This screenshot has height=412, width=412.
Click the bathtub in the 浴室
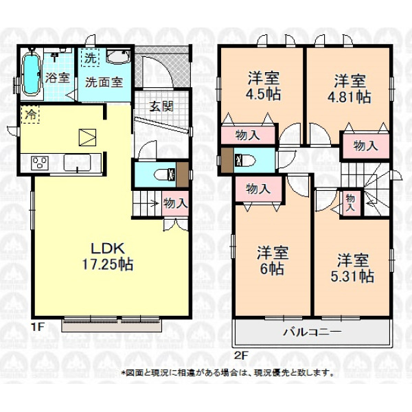[32, 72]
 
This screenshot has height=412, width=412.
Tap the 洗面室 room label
[104, 82]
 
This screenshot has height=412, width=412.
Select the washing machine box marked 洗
[91, 58]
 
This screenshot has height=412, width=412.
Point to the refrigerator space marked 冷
[30, 114]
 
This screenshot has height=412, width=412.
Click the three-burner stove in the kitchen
[40, 163]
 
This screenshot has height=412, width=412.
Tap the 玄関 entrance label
[161, 106]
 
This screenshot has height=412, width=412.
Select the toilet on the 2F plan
[245, 160]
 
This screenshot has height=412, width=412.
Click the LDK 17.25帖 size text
[108, 256]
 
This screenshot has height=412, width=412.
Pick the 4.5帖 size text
[263, 94]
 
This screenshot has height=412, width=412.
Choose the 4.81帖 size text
[350, 97]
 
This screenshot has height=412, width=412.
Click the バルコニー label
[312, 332]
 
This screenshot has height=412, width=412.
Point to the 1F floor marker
[37, 327]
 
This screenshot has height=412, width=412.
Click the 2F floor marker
[242, 356]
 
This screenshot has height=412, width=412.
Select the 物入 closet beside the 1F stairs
[175, 204]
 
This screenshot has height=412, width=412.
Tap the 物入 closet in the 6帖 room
[259, 189]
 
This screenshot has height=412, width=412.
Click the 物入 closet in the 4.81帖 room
[365, 146]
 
